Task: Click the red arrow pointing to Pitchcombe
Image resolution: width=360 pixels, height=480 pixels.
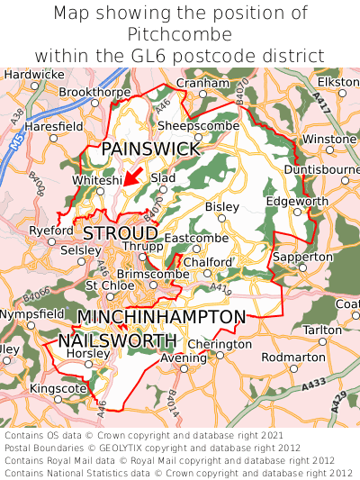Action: (132, 175)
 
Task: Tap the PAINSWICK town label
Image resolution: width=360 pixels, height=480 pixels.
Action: (150, 149)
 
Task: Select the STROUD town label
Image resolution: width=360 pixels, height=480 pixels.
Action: (121, 233)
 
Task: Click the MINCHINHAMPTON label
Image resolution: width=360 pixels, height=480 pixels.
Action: (161, 317)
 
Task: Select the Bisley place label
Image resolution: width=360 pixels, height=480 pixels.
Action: (222, 206)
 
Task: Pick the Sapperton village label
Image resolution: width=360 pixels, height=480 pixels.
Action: (302, 257)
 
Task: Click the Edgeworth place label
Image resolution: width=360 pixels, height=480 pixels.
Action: (298, 201)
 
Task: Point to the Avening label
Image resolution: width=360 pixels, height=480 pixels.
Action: (184, 358)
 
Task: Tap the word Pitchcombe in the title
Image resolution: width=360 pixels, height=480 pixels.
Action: (180, 34)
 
